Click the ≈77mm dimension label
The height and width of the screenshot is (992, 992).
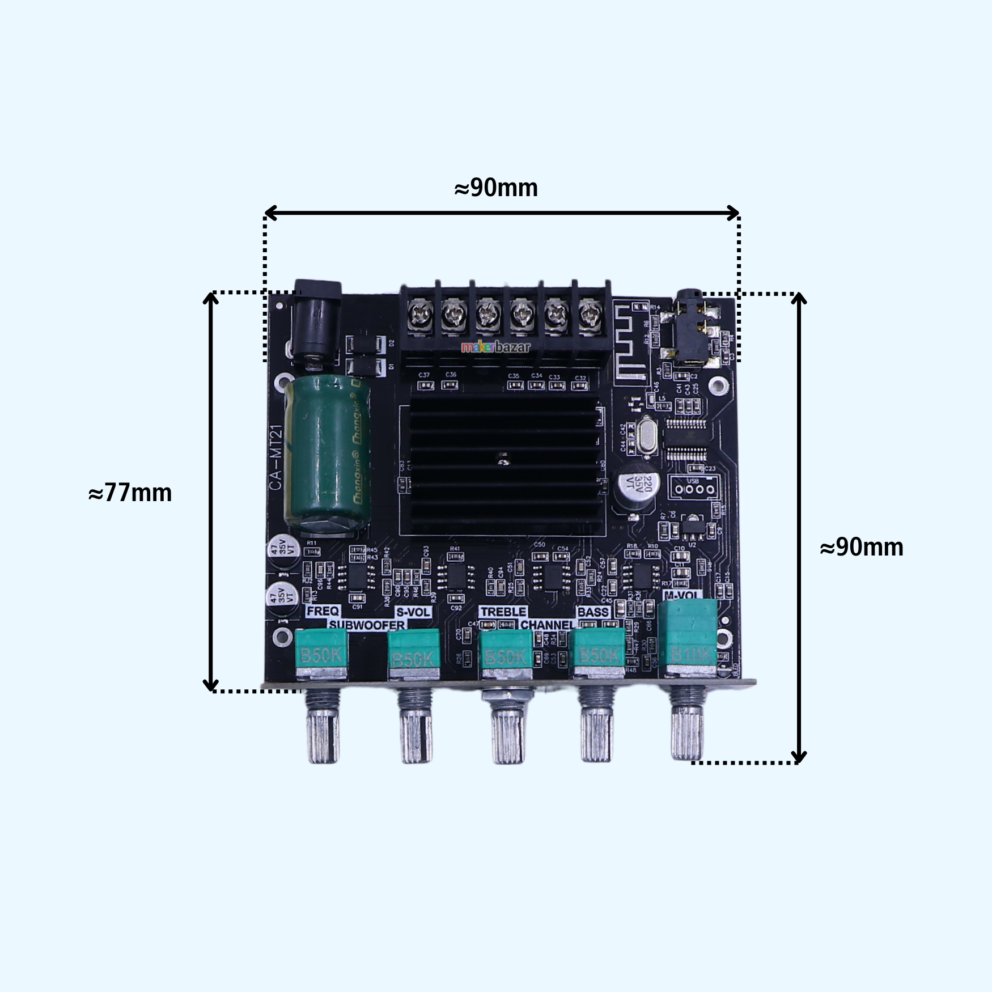[x=130, y=493]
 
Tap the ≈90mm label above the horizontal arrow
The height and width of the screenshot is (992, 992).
[x=496, y=188]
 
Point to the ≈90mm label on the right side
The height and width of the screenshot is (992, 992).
[x=862, y=547]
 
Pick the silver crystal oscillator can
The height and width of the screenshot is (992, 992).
[x=646, y=436]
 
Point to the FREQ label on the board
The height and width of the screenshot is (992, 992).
[x=323, y=611]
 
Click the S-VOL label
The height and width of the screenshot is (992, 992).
[x=413, y=612]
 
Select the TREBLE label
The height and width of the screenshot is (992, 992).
[x=503, y=612]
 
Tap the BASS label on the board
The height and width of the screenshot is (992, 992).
[x=592, y=612]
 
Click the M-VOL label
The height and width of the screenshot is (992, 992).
[x=682, y=595]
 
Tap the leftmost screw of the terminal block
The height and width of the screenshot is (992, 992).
[x=420, y=313]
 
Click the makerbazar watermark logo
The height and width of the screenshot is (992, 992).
[x=495, y=347]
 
